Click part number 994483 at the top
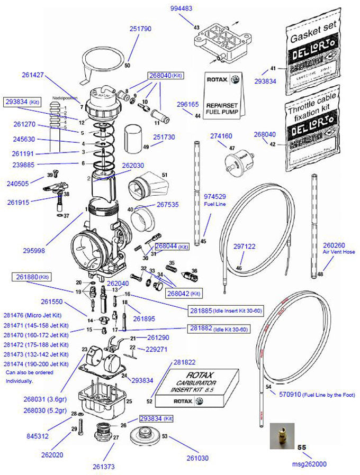click(x=181, y=8)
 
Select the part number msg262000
click(x=309, y=464)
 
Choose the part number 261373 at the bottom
click(x=103, y=466)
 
